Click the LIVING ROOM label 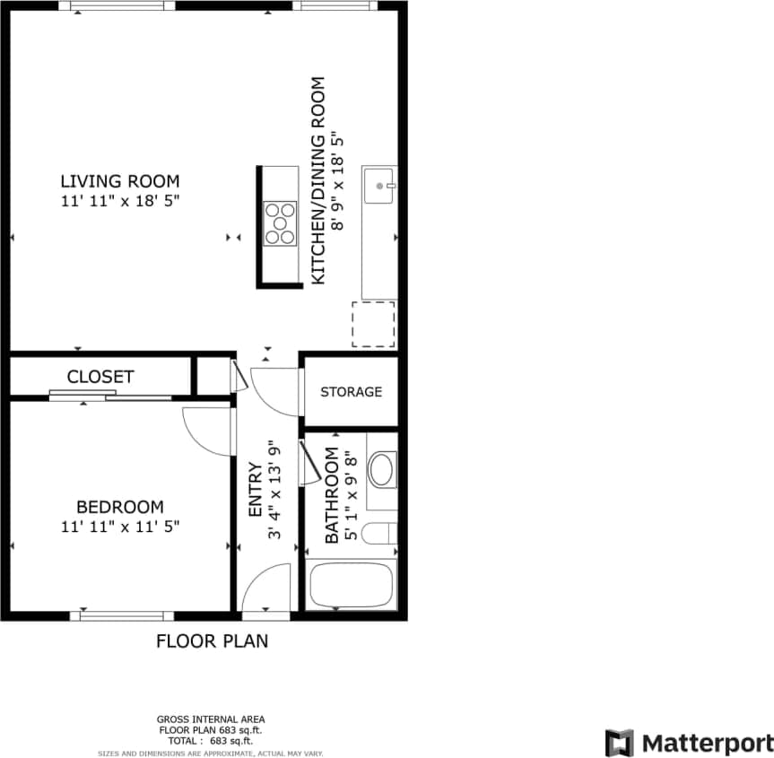tap(119, 180)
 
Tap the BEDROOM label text tap(119, 507)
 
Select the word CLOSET tap(100, 377)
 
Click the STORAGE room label tap(351, 392)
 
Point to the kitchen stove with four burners tap(280, 224)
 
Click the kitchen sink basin tap(380, 187)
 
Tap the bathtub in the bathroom tap(351, 586)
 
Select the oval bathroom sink tap(382, 469)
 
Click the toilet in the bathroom tap(381, 534)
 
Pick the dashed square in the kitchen tap(373, 325)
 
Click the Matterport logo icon tap(619, 743)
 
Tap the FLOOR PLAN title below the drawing tap(213, 641)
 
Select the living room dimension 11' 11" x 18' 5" tap(120, 201)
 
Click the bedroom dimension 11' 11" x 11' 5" tap(120, 527)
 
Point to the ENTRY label tap(255, 490)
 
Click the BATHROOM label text tap(332, 495)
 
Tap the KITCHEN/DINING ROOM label tap(317, 181)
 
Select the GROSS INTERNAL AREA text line tap(211, 719)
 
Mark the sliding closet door tap(109, 395)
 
